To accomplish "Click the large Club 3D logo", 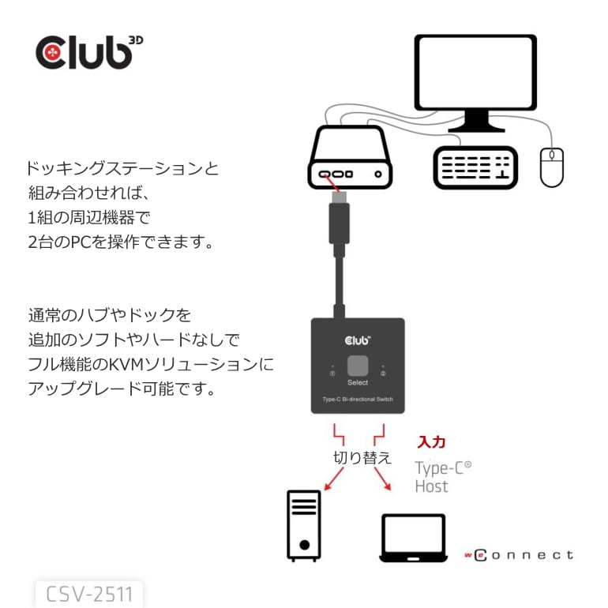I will pyautogui.click(x=89, y=51).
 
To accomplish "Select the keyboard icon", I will pyautogui.click(x=475, y=167).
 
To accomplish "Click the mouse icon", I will pyautogui.click(x=551, y=167).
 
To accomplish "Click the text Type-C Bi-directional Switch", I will pyautogui.click(x=358, y=399).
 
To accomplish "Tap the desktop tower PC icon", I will pyautogui.click(x=303, y=524).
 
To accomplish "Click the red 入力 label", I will pyautogui.click(x=431, y=442).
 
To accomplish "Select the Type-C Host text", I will pyautogui.click(x=442, y=476).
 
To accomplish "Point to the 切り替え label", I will pyautogui.click(x=362, y=457).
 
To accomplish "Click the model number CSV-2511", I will pyautogui.click(x=89, y=594).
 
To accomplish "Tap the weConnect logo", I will pyautogui.click(x=519, y=555).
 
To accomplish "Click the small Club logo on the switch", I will pyautogui.click(x=358, y=340).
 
